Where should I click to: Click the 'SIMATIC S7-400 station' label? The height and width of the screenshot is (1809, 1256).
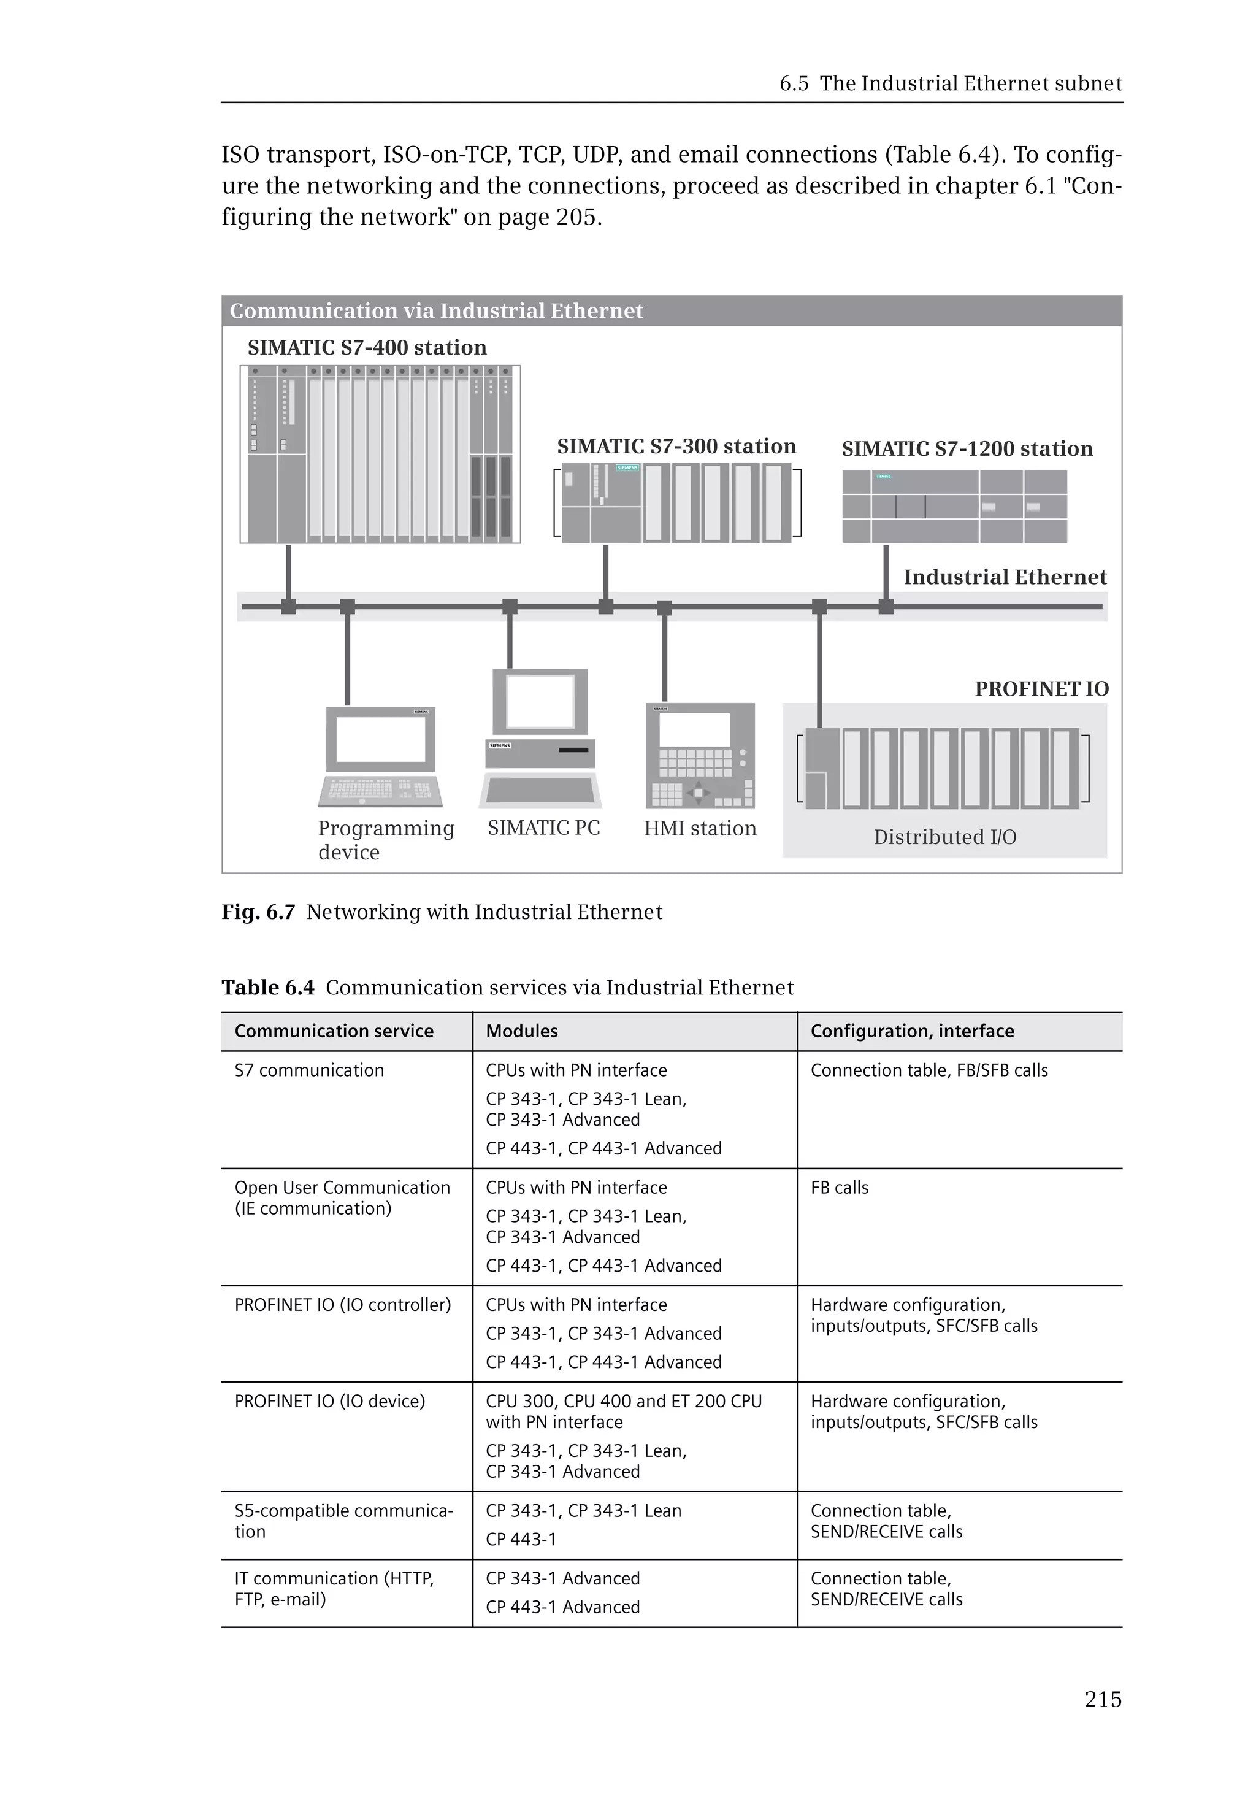coord(367,347)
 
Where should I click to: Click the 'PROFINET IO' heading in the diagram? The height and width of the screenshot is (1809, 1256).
coord(1041,689)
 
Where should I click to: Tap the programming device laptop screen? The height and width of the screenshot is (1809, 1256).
coord(381,739)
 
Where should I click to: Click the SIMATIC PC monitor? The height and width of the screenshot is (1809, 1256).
coord(540,701)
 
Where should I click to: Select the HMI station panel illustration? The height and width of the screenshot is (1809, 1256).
coord(700,756)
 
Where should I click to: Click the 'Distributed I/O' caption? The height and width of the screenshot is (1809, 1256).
coord(944,837)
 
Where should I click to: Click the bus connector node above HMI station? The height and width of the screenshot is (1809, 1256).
coord(664,607)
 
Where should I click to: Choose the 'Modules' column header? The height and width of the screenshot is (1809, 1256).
coord(522,1031)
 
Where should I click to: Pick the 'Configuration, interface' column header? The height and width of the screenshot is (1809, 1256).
coord(912,1031)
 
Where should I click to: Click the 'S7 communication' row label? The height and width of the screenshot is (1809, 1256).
coord(309,1070)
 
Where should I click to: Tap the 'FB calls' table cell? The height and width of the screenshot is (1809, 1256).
coord(839,1188)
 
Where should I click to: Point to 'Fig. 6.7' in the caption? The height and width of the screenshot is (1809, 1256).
coord(258,912)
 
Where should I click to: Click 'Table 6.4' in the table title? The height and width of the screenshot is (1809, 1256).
coord(267,988)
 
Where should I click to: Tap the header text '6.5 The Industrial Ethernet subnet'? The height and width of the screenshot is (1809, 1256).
coord(950,83)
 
